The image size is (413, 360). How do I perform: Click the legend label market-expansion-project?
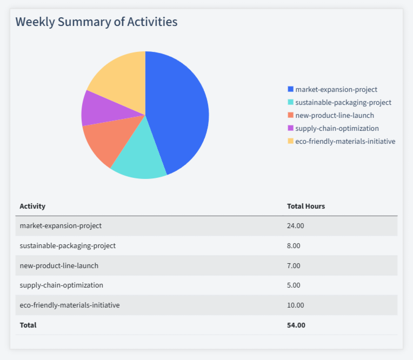336,89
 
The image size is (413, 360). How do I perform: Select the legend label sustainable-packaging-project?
343,102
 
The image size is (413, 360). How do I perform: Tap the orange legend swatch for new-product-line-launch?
291,115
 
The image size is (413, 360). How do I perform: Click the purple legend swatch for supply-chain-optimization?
291,128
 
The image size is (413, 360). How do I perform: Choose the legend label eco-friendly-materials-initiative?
345,141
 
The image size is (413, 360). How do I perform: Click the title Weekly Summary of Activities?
96,22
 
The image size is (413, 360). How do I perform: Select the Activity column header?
32,206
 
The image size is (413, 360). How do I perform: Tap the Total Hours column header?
305,206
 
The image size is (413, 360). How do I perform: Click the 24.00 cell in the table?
296,225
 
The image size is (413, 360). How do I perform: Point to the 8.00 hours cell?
294,245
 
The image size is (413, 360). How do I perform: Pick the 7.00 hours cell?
294,265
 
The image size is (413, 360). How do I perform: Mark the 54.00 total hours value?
296,325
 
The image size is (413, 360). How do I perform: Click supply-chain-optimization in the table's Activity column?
61,285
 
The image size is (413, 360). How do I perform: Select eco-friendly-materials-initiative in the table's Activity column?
70,305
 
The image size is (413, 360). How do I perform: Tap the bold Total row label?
28,325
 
